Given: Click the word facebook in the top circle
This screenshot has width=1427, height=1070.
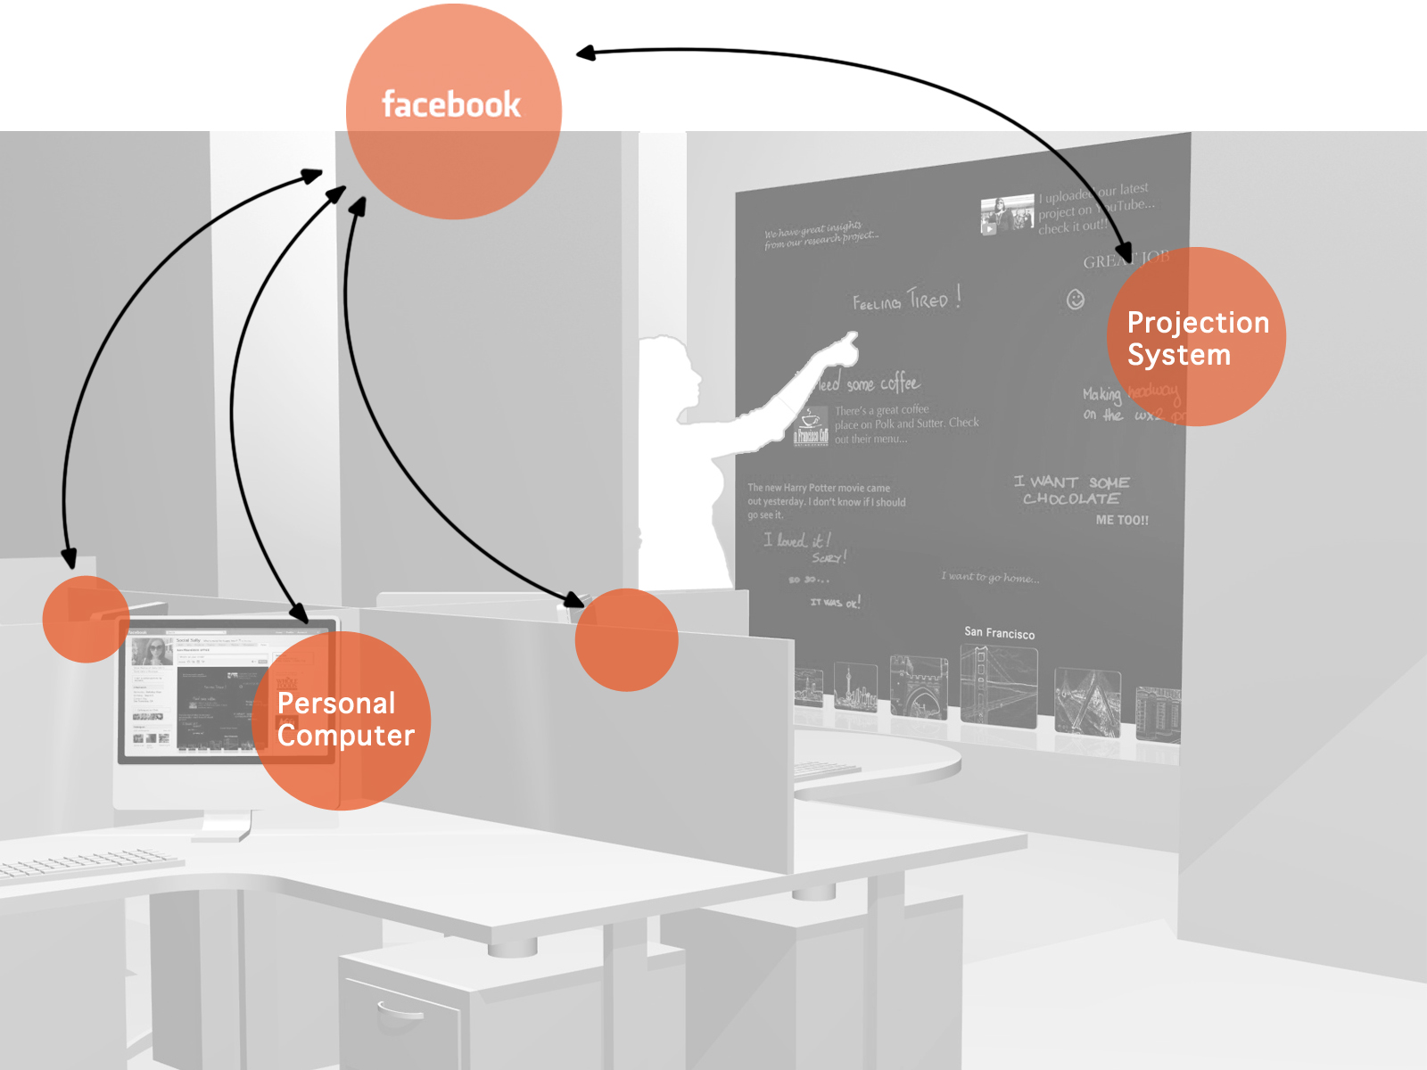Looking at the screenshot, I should point(451,104).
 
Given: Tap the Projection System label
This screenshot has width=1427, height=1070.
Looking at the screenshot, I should point(1197,338).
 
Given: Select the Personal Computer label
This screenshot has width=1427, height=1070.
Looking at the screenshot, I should point(345,719).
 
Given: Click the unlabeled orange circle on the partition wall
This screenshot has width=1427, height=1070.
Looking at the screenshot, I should point(626,639).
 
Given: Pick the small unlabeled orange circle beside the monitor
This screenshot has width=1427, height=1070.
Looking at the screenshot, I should point(86,619).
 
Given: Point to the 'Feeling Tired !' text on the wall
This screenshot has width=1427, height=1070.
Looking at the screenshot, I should point(906,300).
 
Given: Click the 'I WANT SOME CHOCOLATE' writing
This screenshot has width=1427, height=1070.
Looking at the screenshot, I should point(1071,490).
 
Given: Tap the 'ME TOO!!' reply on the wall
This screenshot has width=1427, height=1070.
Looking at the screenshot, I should point(1122,520).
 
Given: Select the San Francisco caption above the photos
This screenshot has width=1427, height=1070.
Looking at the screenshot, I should point(999,633).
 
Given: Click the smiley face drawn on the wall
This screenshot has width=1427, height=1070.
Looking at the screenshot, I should point(1076,300).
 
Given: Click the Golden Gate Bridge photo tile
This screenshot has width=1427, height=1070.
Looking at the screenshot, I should point(998,685).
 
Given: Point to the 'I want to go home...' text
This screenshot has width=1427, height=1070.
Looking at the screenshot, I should point(990,577).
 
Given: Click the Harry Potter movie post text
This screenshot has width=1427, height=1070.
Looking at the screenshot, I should point(826,501).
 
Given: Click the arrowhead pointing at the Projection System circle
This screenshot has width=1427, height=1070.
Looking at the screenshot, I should point(1126,254).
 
